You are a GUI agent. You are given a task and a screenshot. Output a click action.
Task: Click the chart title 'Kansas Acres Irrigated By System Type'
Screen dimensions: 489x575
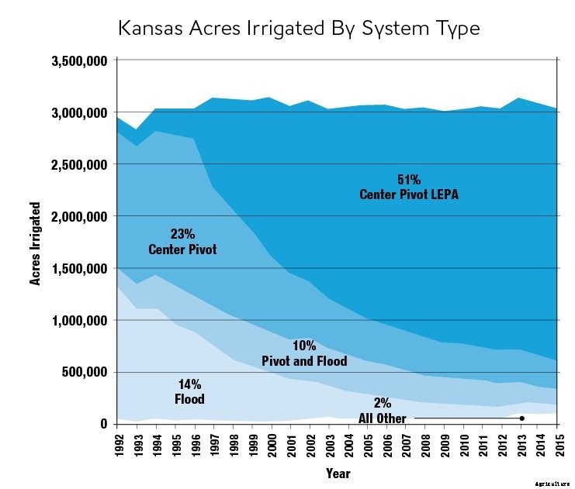pos(299,29)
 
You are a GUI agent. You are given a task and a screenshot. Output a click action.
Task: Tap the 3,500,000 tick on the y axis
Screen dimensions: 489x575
pos(79,60)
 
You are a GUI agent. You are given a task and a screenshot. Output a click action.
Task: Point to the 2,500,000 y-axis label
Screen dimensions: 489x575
pos(79,164)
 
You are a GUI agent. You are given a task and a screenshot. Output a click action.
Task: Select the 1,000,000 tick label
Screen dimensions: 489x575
pos(79,320)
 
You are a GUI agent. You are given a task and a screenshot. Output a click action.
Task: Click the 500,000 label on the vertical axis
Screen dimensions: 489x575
pos(85,372)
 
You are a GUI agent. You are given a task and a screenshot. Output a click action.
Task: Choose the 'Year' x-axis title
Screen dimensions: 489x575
pos(338,472)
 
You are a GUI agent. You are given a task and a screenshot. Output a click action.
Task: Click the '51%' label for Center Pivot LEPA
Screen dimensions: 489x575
pos(408,180)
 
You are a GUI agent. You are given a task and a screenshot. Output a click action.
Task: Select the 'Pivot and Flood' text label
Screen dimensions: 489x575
pos(303,361)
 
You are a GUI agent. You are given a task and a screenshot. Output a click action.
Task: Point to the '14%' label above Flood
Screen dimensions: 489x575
pos(189,384)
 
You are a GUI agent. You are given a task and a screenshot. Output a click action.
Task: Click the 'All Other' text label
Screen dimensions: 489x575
pos(382,418)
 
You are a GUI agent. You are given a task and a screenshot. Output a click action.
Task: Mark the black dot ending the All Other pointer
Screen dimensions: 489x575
pos(521,418)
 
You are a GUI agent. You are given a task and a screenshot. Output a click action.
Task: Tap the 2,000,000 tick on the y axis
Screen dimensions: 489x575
pos(79,216)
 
